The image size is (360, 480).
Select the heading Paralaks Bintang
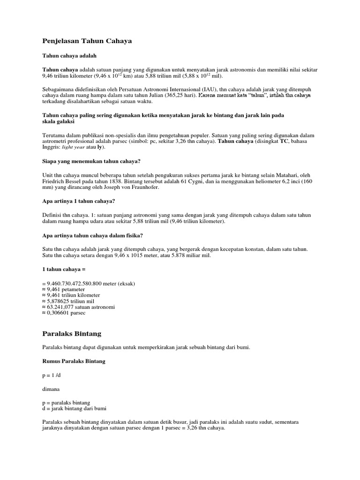pos(72,334)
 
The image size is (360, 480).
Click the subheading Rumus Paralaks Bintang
pos(74,361)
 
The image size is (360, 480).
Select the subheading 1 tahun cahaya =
pos(63,270)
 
